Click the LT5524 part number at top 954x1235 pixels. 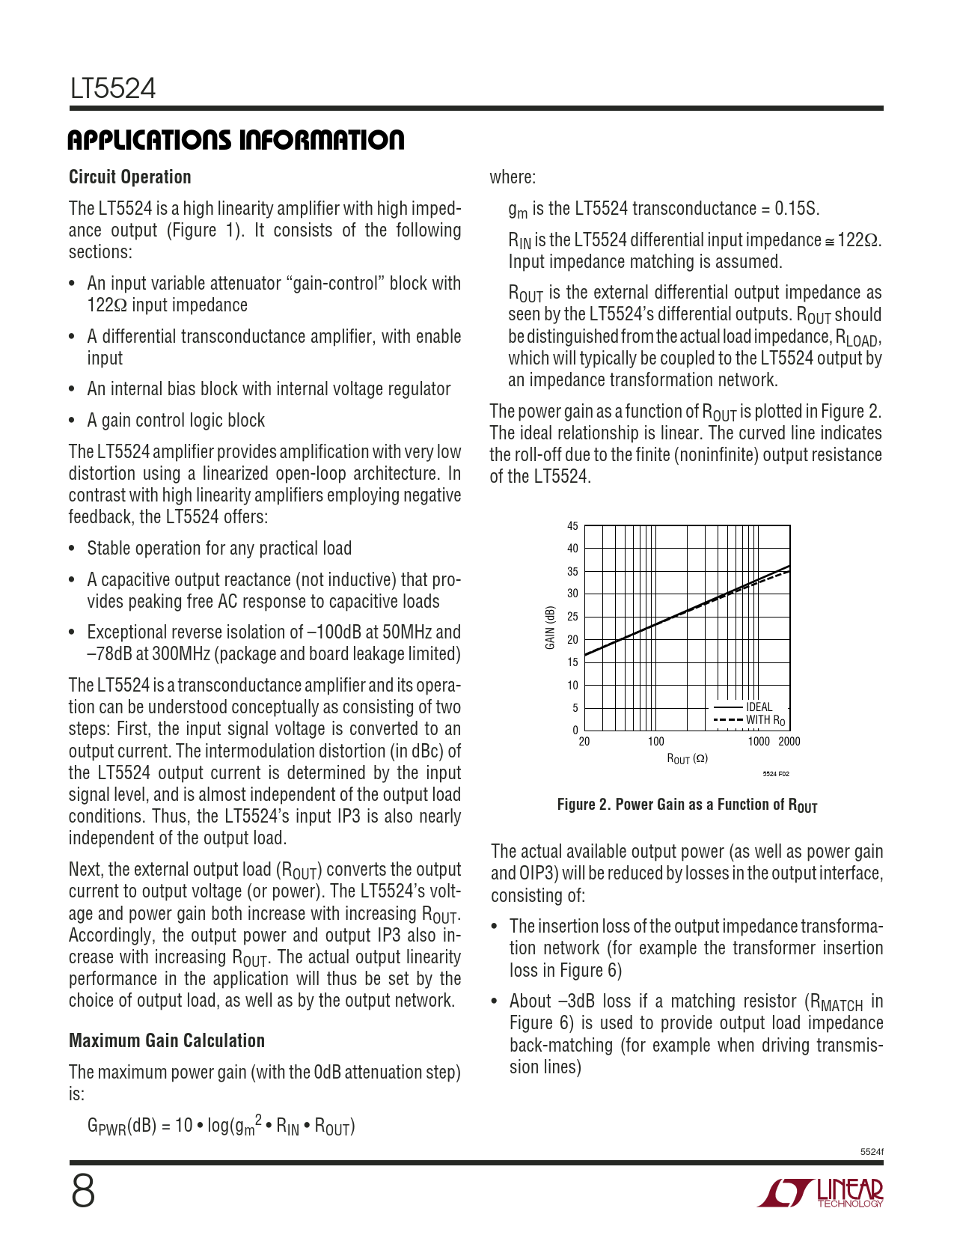tap(113, 89)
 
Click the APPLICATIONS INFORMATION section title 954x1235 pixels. tap(236, 140)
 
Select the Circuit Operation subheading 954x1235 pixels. tap(130, 177)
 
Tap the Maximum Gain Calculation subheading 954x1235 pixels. tap(167, 1041)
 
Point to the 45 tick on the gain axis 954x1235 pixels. tap(572, 526)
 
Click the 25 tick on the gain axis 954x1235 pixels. tap(572, 617)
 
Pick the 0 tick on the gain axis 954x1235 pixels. tap(575, 731)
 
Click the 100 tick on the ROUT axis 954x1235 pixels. tap(655, 742)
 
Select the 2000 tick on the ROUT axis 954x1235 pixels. tap(789, 742)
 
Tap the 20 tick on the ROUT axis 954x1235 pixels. tap(584, 742)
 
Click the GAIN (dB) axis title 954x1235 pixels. tap(550, 628)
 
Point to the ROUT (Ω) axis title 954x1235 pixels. tap(687, 759)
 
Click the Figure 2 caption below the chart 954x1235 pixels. tap(687, 805)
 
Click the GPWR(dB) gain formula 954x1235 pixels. tap(221, 1126)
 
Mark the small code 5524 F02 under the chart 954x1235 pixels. tap(776, 774)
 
